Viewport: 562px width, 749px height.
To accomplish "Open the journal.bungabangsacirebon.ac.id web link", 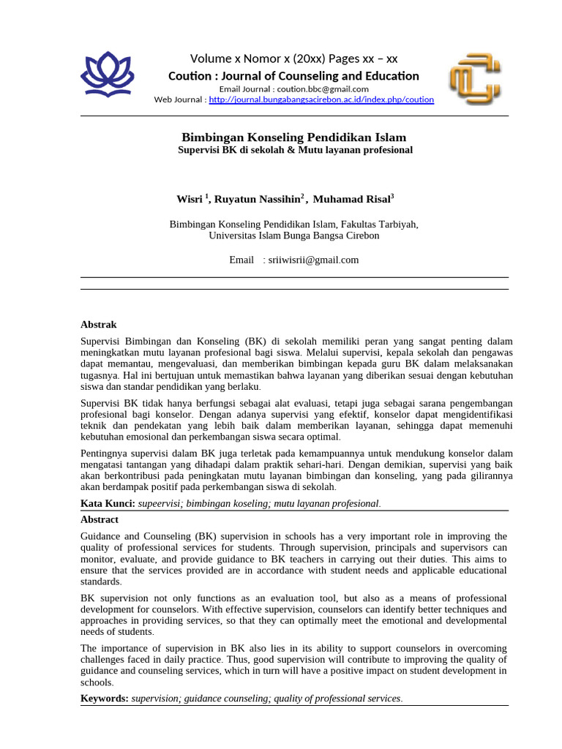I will (x=321, y=99).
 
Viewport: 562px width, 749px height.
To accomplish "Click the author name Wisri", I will (x=190, y=198).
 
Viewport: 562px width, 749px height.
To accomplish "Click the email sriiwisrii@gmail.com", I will (x=314, y=260).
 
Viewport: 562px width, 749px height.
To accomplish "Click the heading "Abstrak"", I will (x=98, y=324).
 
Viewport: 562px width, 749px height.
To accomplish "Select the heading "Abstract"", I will (x=99, y=519).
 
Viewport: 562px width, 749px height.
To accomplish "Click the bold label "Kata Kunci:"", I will (x=107, y=503).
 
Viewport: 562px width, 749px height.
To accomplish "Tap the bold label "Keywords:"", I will (x=105, y=699).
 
